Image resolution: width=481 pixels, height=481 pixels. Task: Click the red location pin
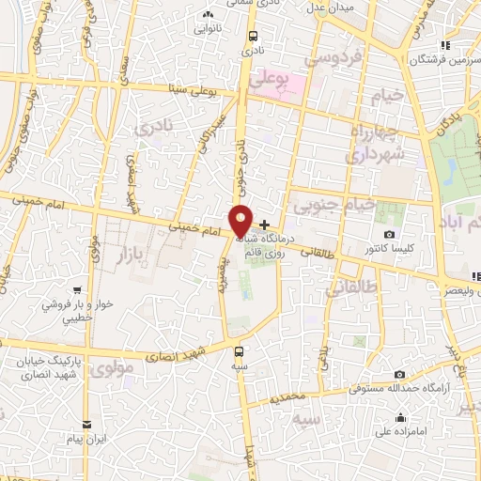[241, 221]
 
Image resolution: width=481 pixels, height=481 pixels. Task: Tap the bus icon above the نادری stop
[252, 38]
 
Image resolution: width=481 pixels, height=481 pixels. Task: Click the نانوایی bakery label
[209, 29]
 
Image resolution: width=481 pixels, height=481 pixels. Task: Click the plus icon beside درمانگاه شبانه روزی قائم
[265, 225]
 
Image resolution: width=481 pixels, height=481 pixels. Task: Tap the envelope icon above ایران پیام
[86, 425]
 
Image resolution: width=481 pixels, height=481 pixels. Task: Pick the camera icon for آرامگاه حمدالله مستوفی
[400, 375]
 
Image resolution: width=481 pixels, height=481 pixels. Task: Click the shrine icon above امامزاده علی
[400, 417]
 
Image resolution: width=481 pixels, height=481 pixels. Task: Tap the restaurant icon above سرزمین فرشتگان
[444, 45]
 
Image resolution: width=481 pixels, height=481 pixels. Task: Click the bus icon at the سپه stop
[240, 353]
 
